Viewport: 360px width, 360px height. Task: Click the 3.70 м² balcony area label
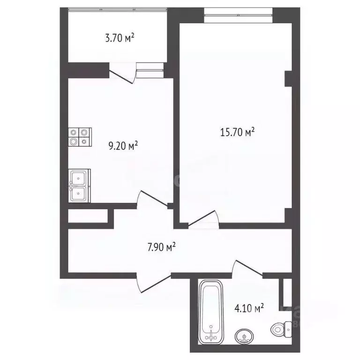[120, 38]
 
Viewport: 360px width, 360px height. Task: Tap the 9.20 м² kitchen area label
[123, 146]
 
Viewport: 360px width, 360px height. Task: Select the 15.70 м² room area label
[237, 133]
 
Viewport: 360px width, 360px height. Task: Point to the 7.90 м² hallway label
[162, 247]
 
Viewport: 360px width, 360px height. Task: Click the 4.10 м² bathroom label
[248, 308]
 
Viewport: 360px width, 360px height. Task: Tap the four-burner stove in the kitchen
[79, 137]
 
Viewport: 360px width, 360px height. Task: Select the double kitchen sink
[78, 186]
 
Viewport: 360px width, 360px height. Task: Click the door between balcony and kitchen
[121, 75]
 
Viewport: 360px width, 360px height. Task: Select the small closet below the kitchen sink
[88, 216]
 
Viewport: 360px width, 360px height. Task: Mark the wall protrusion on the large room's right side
[288, 78]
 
